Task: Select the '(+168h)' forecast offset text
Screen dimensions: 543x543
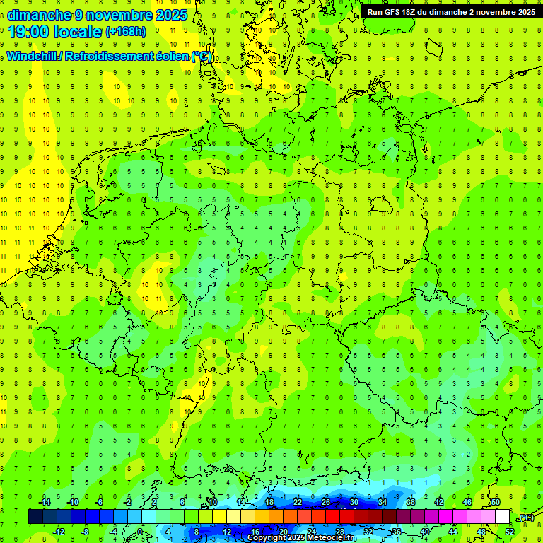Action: (x=125, y=32)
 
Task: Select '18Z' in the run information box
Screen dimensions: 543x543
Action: (x=417, y=12)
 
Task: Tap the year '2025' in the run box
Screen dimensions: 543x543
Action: (x=522, y=12)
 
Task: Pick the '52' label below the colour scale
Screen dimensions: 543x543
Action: (x=510, y=532)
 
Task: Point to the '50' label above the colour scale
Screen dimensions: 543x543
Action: (x=496, y=502)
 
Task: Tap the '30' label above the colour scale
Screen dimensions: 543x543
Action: (x=354, y=502)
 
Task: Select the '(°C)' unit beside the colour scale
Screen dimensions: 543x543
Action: (x=525, y=518)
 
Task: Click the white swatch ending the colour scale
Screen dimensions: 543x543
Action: (x=503, y=517)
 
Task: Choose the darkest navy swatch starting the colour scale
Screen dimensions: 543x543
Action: (x=35, y=517)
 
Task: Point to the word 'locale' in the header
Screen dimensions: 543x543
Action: (x=80, y=32)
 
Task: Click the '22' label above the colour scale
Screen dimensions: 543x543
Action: (x=297, y=502)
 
